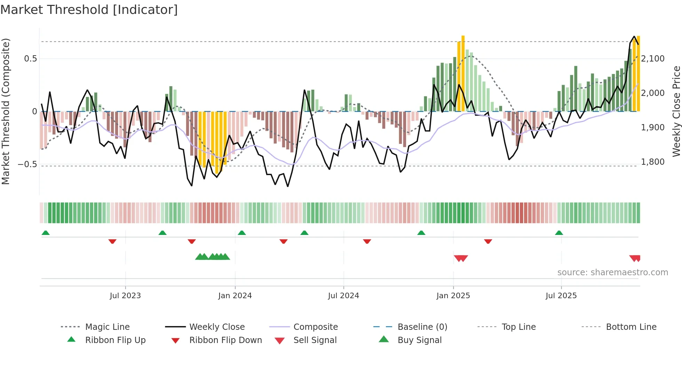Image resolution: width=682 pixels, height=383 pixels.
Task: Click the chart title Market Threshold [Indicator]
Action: click(89, 10)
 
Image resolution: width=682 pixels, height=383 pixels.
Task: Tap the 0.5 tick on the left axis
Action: click(30, 59)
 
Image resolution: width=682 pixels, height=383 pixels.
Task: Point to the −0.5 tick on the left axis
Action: click(27, 164)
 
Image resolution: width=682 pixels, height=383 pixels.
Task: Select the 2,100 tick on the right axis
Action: click(653, 59)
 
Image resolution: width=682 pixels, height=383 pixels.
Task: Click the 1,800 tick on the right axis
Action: click(653, 162)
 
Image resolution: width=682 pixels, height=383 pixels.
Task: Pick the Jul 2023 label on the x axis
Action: click(125, 296)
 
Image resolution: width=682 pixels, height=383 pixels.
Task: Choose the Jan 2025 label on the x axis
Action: click(453, 296)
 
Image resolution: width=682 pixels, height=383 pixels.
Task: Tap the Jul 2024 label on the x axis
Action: click(343, 296)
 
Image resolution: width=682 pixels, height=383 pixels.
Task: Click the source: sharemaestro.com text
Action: click(612, 272)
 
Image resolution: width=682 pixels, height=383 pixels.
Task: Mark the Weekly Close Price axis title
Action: click(676, 111)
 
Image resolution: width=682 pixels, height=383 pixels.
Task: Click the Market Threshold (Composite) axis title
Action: click(6, 111)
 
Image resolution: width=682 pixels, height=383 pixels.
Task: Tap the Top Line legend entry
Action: click(518, 327)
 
